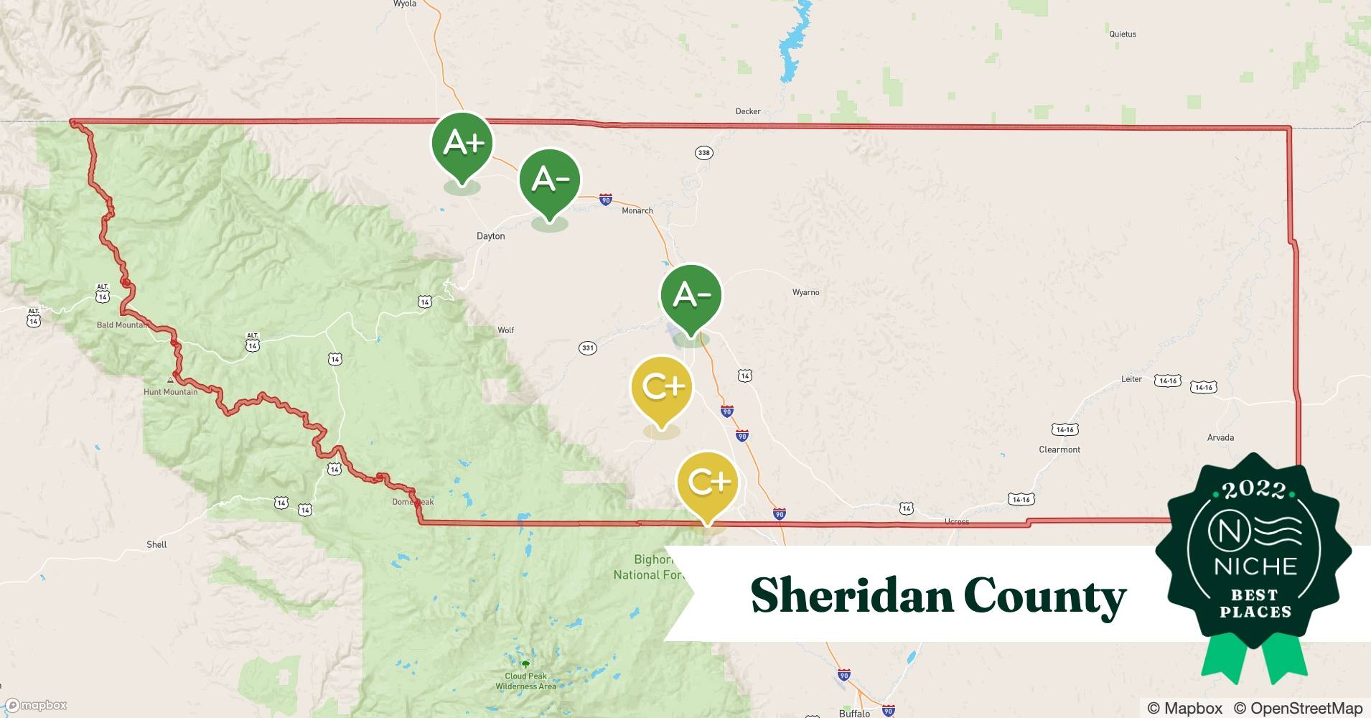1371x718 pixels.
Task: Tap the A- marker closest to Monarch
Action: pos(550,180)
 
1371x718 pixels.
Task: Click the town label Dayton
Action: pos(491,236)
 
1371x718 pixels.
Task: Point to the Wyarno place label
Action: pos(805,292)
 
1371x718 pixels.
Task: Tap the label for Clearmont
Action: pos(1059,449)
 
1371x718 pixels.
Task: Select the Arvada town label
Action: pos(1220,437)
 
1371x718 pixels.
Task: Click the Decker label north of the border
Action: pos(748,111)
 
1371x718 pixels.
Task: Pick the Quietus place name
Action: pos(1123,34)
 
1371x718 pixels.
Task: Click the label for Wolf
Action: pos(506,330)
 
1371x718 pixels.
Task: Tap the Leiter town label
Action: pos(1131,379)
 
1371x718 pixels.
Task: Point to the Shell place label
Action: pos(156,544)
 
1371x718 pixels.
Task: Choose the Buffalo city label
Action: pos(854,713)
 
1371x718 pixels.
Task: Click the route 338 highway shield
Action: pos(703,152)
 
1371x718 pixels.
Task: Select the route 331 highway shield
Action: pos(588,348)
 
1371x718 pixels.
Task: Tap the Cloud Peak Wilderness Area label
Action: pos(525,681)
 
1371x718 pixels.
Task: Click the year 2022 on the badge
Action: pos(1254,490)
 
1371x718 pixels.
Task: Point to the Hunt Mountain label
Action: pos(170,392)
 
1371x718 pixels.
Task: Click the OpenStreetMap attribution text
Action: pos(1298,708)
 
